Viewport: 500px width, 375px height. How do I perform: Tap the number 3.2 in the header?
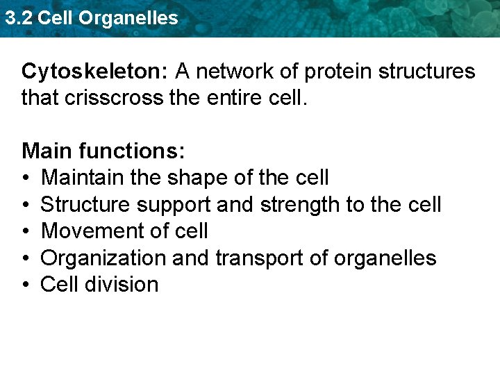point(18,18)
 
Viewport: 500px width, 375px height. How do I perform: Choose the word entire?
point(233,98)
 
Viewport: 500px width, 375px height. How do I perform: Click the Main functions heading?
point(102,151)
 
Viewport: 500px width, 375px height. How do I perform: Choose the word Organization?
point(103,258)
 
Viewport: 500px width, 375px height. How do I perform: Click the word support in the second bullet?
point(178,205)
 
